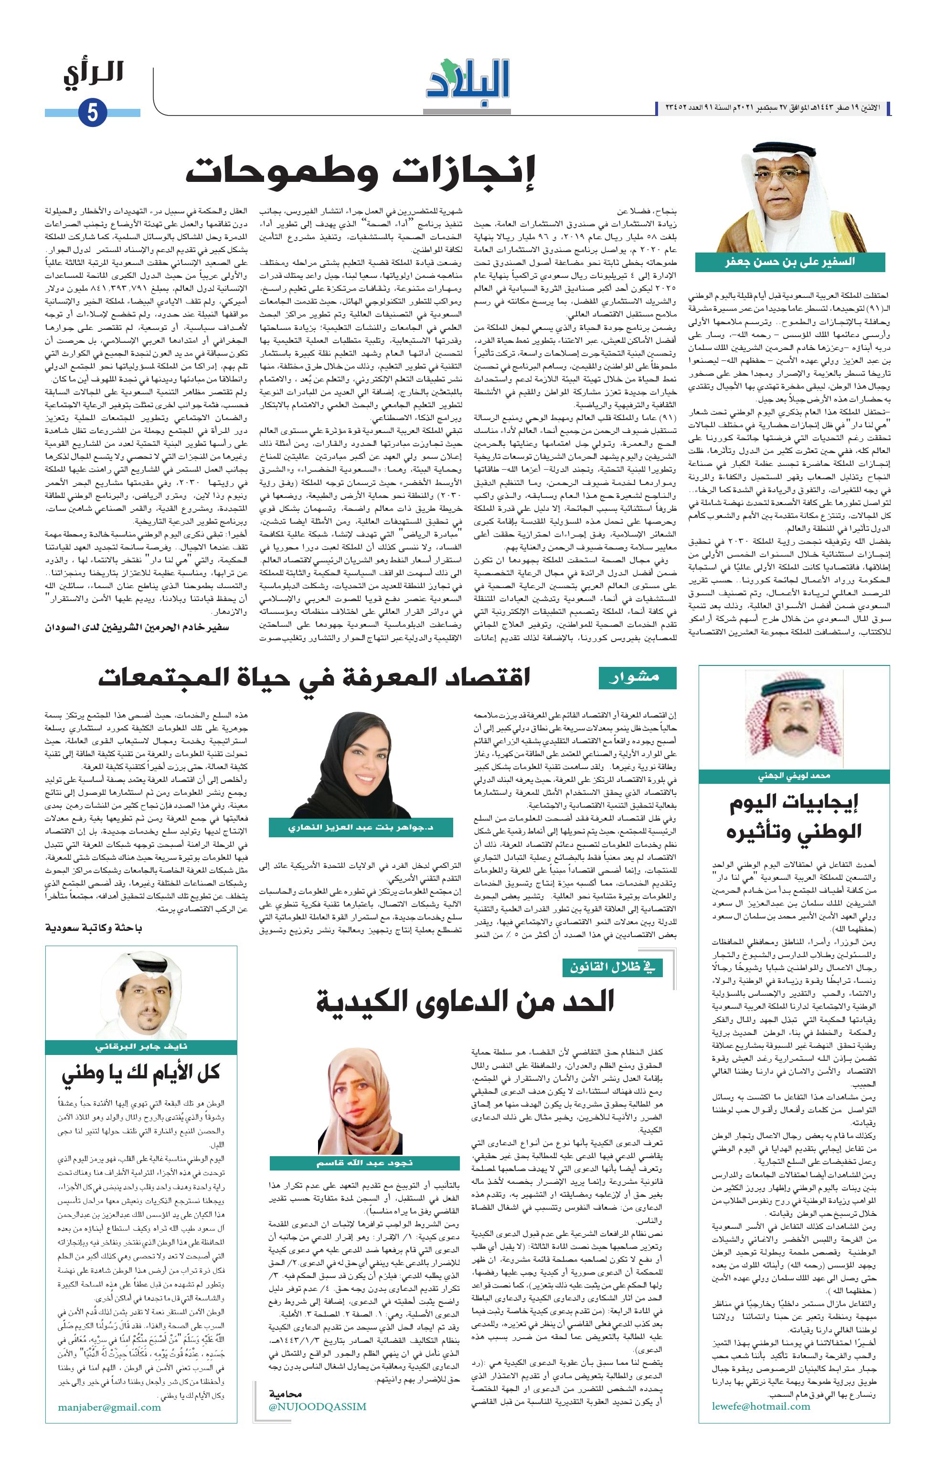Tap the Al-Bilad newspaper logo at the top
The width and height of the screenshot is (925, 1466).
click(x=468, y=86)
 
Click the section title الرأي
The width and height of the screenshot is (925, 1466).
click(x=94, y=74)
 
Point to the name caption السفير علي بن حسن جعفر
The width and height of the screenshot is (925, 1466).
click(x=790, y=262)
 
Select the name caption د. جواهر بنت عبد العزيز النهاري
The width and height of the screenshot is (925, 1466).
click(x=361, y=827)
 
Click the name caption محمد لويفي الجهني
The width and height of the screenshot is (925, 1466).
click(x=794, y=776)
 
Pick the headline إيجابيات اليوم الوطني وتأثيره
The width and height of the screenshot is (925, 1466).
click(x=794, y=817)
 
